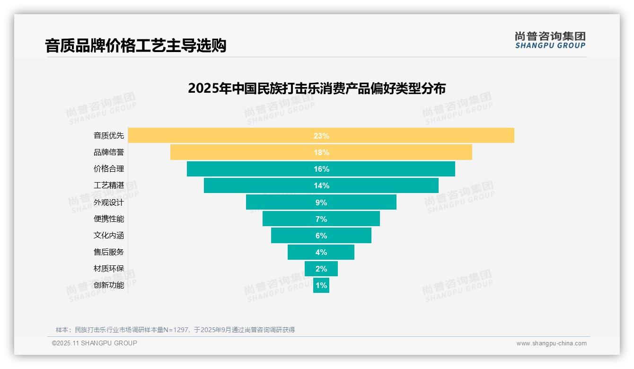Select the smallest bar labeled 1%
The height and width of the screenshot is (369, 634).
[x=321, y=285]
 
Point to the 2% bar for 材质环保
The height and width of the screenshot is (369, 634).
[x=321, y=269]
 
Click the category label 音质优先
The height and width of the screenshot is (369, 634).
[x=109, y=136]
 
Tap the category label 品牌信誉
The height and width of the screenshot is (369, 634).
[x=109, y=152]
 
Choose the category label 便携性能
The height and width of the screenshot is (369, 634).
[x=109, y=219]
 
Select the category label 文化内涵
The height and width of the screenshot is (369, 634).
[x=109, y=236]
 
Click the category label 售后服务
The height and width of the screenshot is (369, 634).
[x=109, y=252]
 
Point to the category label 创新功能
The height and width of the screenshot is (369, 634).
[x=109, y=285]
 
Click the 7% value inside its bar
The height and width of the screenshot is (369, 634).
[x=321, y=219]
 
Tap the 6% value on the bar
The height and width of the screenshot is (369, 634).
[x=321, y=236]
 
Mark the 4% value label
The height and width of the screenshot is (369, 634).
[x=321, y=252]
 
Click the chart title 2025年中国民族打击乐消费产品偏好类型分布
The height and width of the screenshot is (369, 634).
[x=317, y=88]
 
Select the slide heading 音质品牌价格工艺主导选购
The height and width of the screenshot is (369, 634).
[x=135, y=45]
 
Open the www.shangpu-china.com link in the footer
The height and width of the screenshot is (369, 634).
[x=551, y=343]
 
